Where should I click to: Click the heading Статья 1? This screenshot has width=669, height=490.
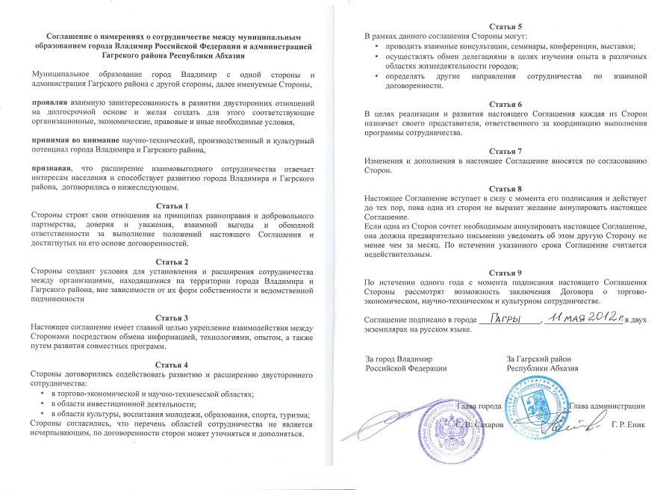pyautogui.click(x=175, y=205)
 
